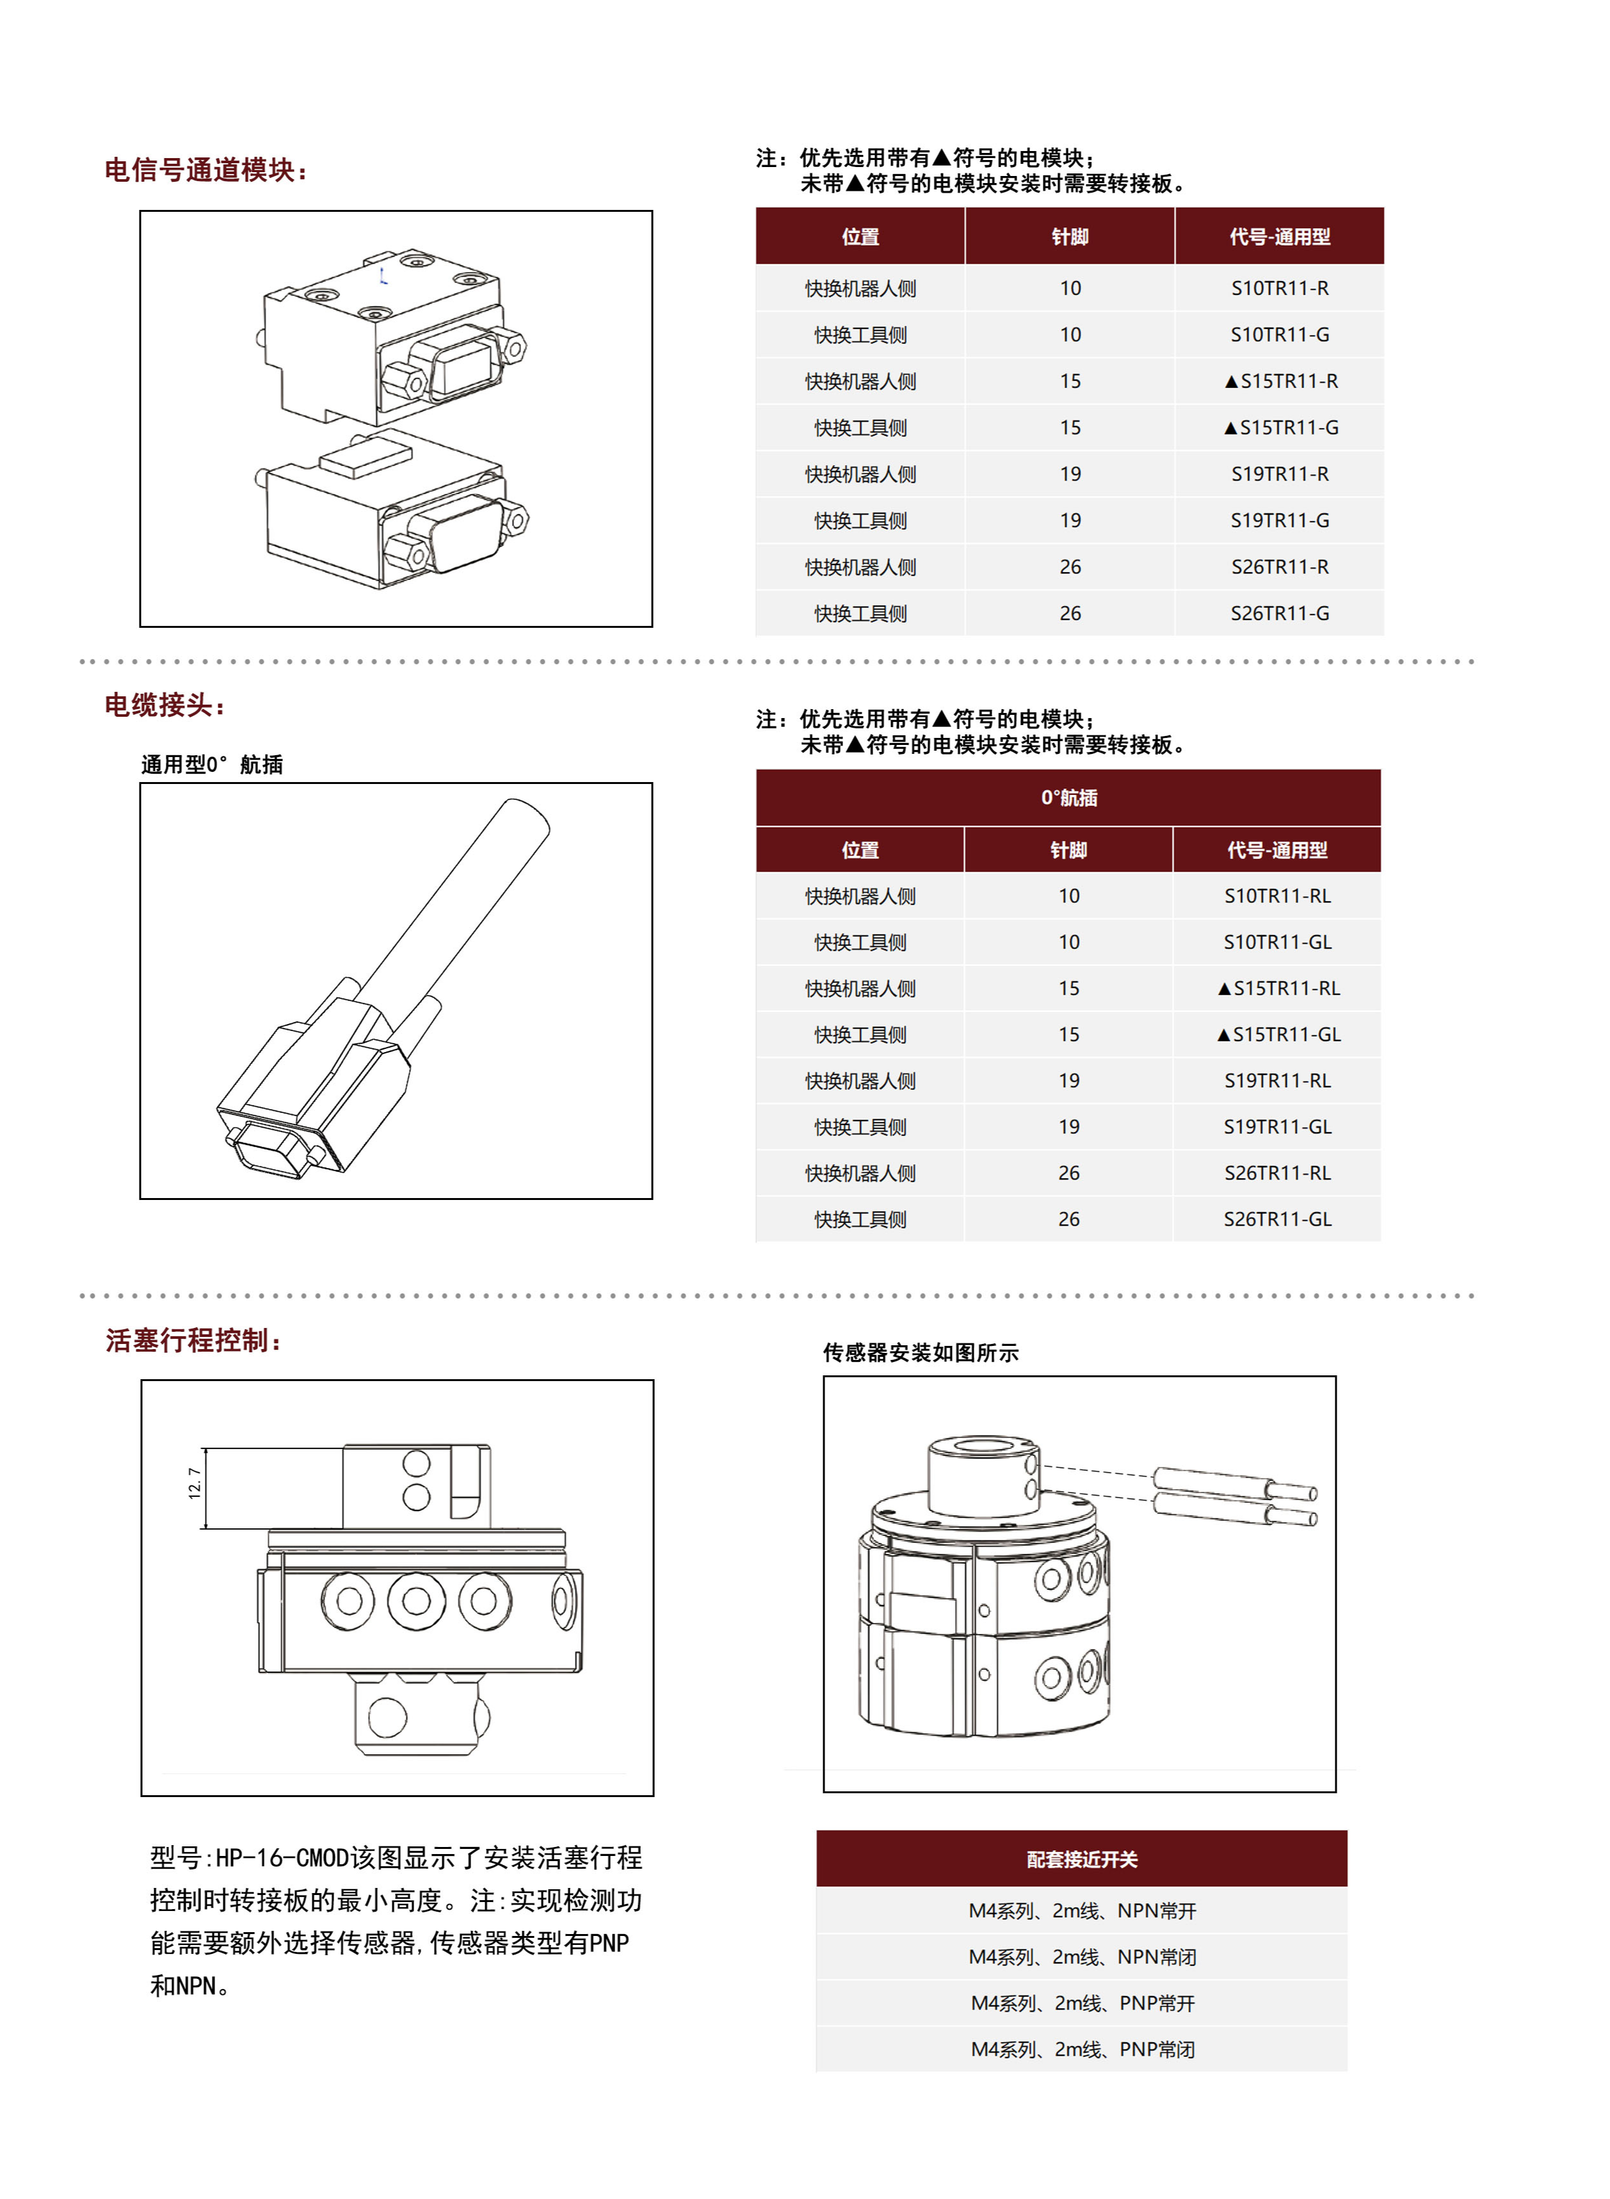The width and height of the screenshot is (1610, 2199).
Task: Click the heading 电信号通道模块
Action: pyautogui.click(x=205, y=170)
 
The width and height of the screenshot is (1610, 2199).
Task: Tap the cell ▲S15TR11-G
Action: pyautogui.click(x=1280, y=428)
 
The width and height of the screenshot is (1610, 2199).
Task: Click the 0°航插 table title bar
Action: pyautogui.click(x=1068, y=798)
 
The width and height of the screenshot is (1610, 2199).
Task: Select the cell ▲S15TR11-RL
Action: pyautogui.click(x=1278, y=989)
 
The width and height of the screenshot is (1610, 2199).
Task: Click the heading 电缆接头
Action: pyautogui.click(x=164, y=705)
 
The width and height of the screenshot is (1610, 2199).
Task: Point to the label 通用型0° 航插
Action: pyautogui.click(x=211, y=765)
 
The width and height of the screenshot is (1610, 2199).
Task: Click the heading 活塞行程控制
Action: pyautogui.click(x=193, y=1341)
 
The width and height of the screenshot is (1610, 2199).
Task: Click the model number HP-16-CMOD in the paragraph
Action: pyautogui.click(x=282, y=1859)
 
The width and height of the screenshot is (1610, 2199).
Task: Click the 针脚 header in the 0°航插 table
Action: pyautogui.click(x=1068, y=851)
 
